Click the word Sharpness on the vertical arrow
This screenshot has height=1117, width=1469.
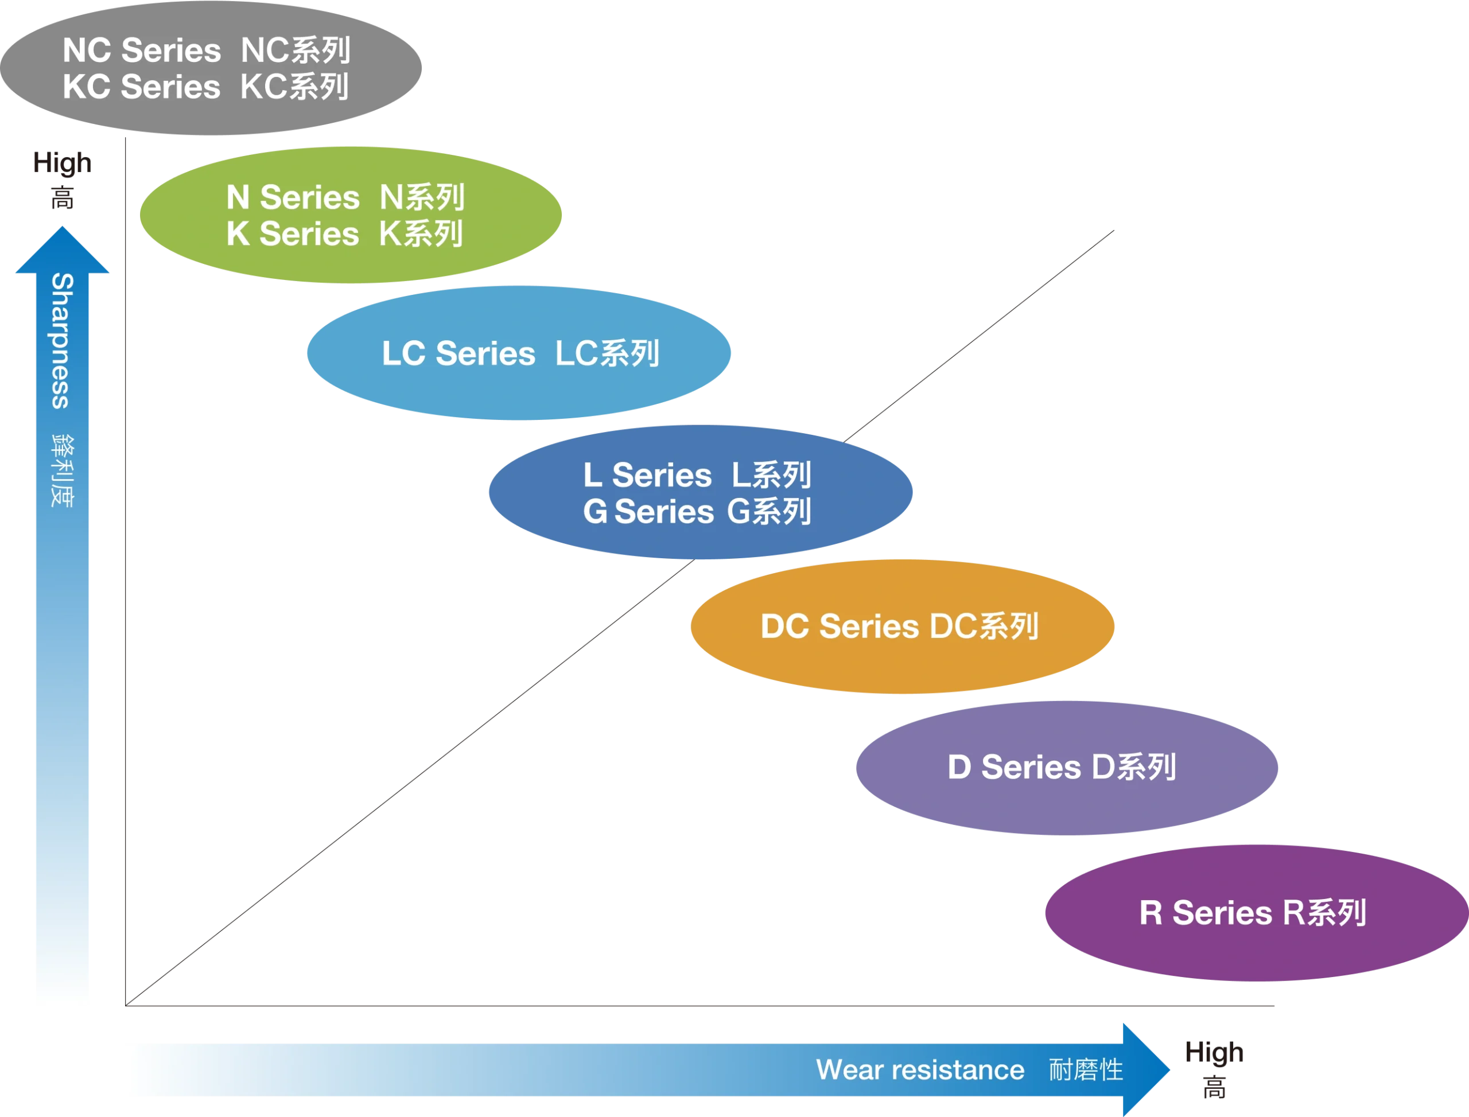coord(62,340)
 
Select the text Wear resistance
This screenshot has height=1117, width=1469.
coord(920,1070)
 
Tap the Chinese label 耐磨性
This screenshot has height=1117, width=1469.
coord(1085,1070)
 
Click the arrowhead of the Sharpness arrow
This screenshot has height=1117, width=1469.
coord(62,250)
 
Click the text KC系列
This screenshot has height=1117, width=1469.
coord(294,87)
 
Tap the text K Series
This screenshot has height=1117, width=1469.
coord(293,234)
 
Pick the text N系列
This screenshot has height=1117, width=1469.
coord(422,197)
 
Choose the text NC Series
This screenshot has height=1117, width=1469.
coord(142,50)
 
